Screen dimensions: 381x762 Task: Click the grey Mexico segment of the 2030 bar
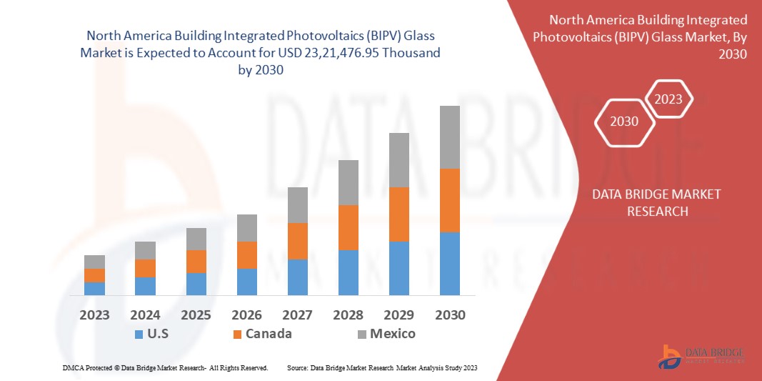(449, 137)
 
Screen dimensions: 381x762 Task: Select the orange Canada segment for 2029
(398, 214)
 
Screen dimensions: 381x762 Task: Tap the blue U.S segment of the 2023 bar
(94, 289)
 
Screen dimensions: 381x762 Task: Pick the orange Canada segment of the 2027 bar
(298, 241)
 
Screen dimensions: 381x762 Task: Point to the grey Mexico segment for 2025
(196, 239)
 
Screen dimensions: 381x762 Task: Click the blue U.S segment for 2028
(349, 272)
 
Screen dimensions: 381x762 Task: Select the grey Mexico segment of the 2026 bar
(247, 228)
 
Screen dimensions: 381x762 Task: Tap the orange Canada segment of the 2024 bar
(145, 268)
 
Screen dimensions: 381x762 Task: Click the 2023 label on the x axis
(94, 315)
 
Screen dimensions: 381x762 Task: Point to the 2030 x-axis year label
(449, 315)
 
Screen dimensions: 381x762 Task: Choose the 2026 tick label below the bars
(247, 315)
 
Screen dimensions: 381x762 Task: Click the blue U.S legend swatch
(139, 334)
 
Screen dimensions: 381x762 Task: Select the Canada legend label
(269, 334)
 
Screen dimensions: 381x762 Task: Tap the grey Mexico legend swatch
(362, 334)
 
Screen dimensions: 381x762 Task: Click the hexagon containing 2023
(668, 99)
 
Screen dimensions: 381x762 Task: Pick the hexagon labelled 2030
(624, 122)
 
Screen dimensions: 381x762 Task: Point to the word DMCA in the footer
(73, 367)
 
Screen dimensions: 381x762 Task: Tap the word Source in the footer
(296, 367)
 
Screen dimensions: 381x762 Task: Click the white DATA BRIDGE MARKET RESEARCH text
(657, 202)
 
